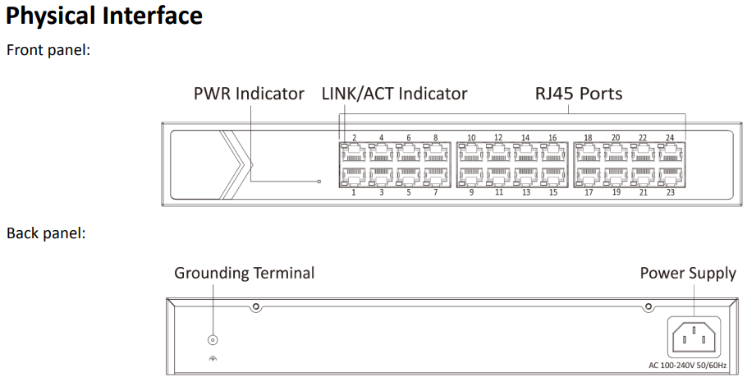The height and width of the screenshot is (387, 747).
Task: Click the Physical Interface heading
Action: (x=104, y=16)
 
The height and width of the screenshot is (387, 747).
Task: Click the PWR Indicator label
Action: (x=249, y=94)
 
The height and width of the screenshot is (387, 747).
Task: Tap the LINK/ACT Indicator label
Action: (x=395, y=94)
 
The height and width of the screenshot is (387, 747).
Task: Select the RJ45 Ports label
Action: (x=579, y=94)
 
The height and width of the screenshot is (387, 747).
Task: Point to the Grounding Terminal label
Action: (x=244, y=273)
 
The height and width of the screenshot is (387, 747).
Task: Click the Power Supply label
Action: (x=688, y=273)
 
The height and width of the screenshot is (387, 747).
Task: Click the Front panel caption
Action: (x=48, y=50)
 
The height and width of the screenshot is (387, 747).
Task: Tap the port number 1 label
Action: (x=354, y=192)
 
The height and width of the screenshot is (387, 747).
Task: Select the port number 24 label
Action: (x=670, y=137)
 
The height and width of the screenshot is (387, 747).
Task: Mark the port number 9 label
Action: (x=471, y=192)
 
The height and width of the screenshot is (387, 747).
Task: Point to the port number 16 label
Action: (x=552, y=137)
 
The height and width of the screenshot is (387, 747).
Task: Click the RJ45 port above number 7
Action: (x=435, y=175)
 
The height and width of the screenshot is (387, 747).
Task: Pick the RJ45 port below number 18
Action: (x=589, y=152)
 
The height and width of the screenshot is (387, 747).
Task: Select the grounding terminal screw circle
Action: (x=213, y=339)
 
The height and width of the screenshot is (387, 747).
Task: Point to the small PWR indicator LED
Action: (x=319, y=181)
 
